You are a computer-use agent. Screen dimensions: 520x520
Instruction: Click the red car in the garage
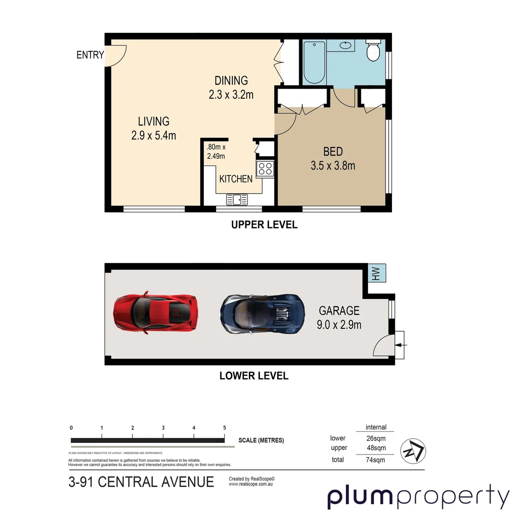[155, 313]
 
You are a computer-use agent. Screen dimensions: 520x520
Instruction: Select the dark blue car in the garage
[262, 314]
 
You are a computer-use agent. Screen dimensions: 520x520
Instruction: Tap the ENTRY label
[90, 55]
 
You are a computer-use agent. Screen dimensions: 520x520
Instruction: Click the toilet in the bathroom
[373, 51]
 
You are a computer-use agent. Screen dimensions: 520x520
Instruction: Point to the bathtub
[314, 63]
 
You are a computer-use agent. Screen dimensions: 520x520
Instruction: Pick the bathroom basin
[345, 46]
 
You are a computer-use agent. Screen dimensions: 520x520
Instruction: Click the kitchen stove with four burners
[265, 169]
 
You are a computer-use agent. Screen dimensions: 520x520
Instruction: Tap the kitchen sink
[237, 198]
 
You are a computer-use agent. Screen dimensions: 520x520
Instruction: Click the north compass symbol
[413, 451]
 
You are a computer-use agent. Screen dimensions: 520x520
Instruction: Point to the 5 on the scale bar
[224, 428]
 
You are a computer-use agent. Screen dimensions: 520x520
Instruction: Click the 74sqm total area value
[375, 460]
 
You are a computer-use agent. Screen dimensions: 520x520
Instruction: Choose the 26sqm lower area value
[376, 438]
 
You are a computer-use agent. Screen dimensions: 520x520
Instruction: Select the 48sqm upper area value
[376, 448]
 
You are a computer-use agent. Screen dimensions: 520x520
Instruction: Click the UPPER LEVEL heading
[264, 224]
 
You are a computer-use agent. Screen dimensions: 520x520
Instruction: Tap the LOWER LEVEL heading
[254, 376]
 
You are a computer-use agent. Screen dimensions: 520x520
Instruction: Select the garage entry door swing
[384, 346]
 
